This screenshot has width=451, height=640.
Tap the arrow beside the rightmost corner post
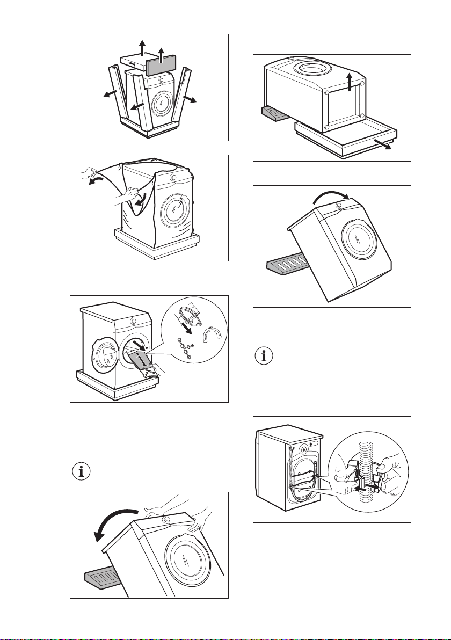(191, 99)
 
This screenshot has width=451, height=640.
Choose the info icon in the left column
(82, 473)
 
